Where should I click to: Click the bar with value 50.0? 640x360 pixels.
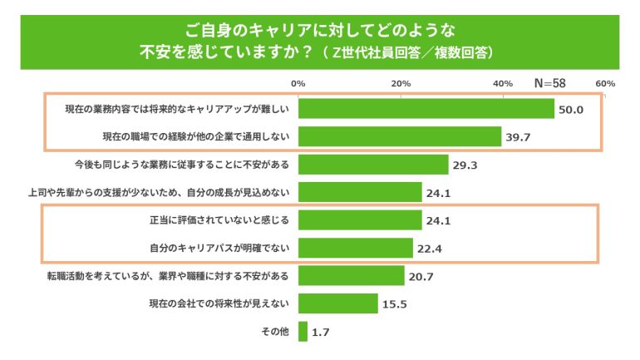pyautogui.click(x=426, y=109)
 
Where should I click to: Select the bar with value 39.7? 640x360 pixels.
pyautogui.click(x=399, y=136)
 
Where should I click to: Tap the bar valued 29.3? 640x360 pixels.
pyautogui.click(x=372, y=165)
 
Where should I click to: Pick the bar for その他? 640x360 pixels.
pyautogui.click(x=303, y=332)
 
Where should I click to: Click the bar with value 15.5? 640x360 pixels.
pyautogui.click(x=337, y=303)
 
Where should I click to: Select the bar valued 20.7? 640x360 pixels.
pyautogui.click(x=351, y=275)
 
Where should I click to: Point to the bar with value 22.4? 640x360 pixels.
pyautogui.click(x=355, y=248)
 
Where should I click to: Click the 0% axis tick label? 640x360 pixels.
pyautogui.click(x=298, y=83)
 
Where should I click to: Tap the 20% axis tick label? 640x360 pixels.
pyautogui.click(x=401, y=83)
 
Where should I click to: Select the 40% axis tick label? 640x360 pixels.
pyautogui.click(x=503, y=83)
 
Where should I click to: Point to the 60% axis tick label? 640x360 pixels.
pyautogui.click(x=605, y=83)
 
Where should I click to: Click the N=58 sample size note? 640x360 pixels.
pyautogui.click(x=550, y=84)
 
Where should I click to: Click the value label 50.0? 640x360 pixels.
pyautogui.click(x=574, y=110)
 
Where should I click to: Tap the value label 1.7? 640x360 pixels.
pyautogui.click(x=321, y=333)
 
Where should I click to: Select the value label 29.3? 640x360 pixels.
pyautogui.click(x=464, y=165)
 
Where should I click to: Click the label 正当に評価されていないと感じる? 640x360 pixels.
pyautogui.click(x=214, y=220)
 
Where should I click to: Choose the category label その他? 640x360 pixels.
pyautogui.click(x=274, y=332)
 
